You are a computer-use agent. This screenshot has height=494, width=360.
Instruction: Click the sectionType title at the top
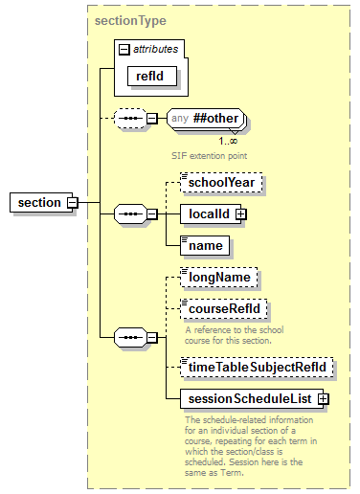130,20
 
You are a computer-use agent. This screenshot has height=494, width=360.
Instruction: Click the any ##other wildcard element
206,120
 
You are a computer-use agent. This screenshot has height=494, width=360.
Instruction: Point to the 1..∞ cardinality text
228,141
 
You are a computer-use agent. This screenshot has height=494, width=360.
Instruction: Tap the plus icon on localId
241,213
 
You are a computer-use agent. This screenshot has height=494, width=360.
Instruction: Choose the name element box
205,246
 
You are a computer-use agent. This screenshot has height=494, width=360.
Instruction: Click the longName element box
219,278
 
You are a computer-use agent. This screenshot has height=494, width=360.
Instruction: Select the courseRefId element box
225,310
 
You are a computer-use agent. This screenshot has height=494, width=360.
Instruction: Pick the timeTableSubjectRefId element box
259,366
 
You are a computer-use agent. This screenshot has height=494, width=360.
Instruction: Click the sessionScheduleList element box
250,397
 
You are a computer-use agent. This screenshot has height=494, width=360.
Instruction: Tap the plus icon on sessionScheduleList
323,397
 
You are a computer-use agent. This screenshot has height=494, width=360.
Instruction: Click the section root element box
39,202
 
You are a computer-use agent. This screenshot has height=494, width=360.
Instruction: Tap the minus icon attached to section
72,202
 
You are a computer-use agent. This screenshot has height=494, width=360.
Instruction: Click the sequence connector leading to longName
128,337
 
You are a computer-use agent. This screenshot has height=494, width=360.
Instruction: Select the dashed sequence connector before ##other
128,120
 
